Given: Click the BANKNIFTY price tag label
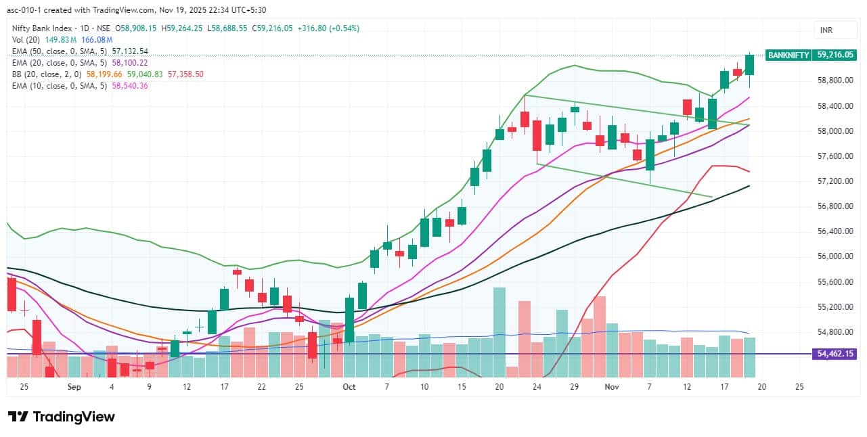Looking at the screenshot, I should [788, 55].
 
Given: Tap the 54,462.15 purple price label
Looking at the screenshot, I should [837, 354].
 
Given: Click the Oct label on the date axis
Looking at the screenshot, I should [349, 387].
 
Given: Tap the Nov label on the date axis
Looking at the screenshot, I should [612, 387].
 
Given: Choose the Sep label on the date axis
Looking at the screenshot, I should [74, 387].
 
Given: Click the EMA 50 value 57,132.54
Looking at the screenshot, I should [127, 51].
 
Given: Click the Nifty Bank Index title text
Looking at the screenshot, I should [47, 28].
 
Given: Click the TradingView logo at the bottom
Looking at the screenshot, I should [62, 417].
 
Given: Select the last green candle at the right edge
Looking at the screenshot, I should [750, 65].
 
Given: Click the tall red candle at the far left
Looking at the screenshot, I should [12, 294].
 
